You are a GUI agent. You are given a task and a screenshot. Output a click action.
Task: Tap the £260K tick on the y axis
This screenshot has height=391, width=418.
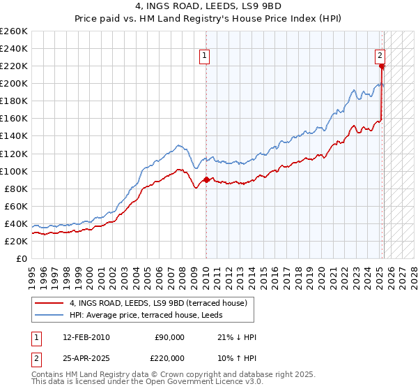click(x=14, y=31)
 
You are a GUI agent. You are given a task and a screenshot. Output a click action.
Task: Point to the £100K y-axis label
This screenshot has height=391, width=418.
click(x=14, y=171)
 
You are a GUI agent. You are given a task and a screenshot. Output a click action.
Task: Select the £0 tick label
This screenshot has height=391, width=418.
click(x=22, y=258)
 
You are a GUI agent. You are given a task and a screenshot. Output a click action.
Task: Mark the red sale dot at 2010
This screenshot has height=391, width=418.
click(x=206, y=179)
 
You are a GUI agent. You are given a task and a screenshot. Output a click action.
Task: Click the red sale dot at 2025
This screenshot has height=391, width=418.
click(x=382, y=66)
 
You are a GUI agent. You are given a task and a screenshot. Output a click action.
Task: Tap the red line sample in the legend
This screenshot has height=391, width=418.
click(x=49, y=303)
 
